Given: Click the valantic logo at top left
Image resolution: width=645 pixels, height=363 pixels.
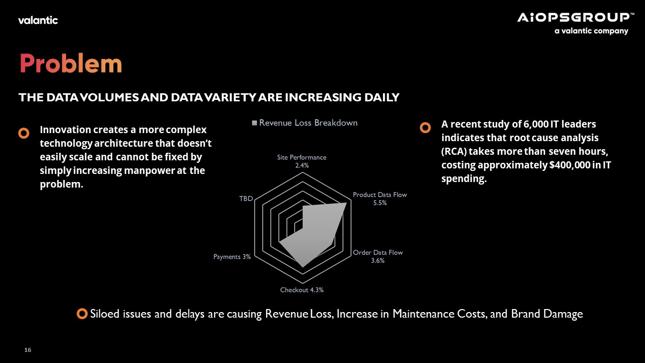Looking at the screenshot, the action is coord(38,20).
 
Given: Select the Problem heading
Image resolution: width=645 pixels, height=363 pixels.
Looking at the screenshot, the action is coord(71,64).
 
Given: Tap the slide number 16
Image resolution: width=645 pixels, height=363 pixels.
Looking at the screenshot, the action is coord(28,350).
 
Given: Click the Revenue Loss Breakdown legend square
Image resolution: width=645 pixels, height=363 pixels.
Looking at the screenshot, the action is coord(254,123).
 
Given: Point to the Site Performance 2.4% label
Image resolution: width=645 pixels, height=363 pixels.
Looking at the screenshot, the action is coord(302,161).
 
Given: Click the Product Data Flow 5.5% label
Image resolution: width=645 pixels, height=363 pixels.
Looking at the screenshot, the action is coord(380,199).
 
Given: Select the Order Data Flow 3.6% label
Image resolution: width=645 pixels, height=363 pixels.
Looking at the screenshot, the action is coord(378,257).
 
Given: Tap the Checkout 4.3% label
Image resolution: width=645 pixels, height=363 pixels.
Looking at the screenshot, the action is coord(302,290).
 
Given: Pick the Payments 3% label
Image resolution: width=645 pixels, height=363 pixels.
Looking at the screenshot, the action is coord(232,257).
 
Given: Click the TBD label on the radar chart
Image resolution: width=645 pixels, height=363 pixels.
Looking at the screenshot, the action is coord(246,199).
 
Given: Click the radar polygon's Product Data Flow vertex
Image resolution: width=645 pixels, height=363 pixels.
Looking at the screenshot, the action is coord(346,203).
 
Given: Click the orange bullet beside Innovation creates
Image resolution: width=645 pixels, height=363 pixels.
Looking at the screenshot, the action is coord(24,133).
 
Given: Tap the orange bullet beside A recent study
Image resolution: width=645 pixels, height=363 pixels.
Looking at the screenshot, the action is coord(425,128).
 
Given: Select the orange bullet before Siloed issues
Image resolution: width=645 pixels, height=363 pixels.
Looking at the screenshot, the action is coord(82,314).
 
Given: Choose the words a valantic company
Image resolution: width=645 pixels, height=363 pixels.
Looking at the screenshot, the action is coord(592,31).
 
